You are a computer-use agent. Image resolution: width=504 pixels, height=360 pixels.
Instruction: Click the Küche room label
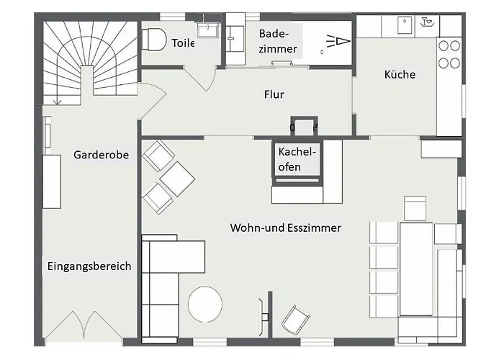[x=400, y=75]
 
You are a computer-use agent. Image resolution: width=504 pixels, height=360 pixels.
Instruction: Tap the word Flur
[x=274, y=94]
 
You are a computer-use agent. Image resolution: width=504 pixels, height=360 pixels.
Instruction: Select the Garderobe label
[x=101, y=155]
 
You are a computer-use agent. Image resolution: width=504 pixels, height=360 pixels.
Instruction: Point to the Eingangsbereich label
[x=89, y=266]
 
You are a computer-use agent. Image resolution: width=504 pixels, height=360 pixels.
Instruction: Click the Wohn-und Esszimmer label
[x=285, y=228]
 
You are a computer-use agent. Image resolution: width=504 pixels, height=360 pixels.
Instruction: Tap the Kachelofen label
[x=297, y=159]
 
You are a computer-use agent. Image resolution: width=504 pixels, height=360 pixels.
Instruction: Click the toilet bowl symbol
[x=153, y=40]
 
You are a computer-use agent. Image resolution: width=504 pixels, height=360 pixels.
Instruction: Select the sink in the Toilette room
[x=208, y=30]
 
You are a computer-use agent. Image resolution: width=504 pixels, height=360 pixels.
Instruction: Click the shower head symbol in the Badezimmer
[x=338, y=42]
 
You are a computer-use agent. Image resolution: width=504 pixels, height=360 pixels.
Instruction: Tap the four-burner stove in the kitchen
[x=449, y=54]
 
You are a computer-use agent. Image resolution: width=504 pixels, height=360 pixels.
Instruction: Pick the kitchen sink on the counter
[x=405, y=25]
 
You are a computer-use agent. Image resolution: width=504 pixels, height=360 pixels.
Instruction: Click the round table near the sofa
[x=205, y=304]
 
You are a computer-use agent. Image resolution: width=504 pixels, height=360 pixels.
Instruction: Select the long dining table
[x=416, y=269]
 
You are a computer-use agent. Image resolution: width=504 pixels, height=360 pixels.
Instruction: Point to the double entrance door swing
[x=84, y=325]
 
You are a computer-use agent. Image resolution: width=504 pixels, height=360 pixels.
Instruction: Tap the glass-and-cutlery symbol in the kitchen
[x=427, y=22]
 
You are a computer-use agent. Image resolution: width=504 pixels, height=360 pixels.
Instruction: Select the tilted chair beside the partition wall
[x=295, y=319]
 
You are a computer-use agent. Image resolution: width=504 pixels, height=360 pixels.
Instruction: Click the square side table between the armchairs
[x=177, y=179]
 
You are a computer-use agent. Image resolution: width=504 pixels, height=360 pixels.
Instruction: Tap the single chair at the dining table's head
[x=415, y=208]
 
